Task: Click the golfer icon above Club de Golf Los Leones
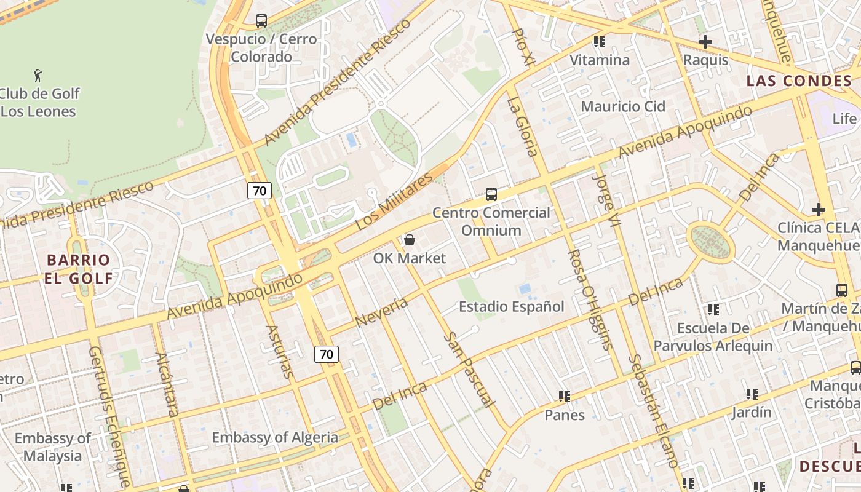38,76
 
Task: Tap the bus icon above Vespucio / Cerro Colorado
261,21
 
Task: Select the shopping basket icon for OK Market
409,240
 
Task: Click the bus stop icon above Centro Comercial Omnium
491,194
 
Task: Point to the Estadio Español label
511,306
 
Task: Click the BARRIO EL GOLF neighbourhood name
79,269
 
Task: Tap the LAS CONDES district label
799,81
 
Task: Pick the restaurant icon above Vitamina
600,42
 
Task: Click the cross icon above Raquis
705,42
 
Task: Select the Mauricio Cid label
623,106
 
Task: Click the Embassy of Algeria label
275,437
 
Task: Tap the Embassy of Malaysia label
52,447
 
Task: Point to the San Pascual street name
469,370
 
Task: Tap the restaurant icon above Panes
564,397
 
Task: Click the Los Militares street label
394,202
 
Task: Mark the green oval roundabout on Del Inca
711,242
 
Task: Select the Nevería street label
381,312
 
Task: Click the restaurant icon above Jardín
752,394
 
